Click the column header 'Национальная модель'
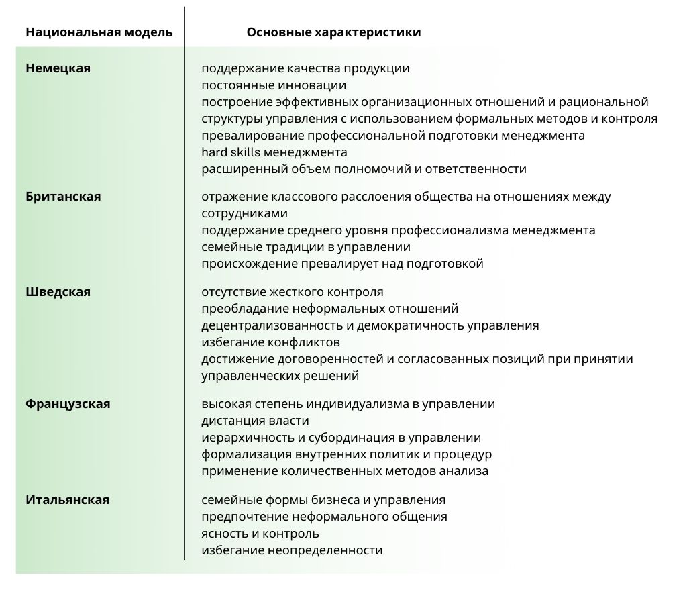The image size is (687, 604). (x=99, y=32)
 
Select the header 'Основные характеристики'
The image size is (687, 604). (x=333, y=32)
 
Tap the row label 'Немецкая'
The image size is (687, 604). (x=58, y=68)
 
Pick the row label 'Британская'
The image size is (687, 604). (x=63, y=197)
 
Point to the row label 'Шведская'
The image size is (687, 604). (x=58, y=292)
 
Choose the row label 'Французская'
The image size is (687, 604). (x=68, y=404)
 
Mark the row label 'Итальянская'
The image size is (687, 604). (x=67, y=500)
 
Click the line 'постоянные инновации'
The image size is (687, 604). (x=274, y=85)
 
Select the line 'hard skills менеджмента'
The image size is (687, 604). (x=274, y=152)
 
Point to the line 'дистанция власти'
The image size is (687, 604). (x=255, y=421)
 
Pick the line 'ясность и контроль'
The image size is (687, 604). (x=260, y=534)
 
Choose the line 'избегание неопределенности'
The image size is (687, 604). (x=292, y=550)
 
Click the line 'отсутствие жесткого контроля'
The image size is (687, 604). (x=293, y=292)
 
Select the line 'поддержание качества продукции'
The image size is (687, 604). (x=305, y=68)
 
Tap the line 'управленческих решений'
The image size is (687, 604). (x=280, y=376)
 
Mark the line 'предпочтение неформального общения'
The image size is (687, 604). (x=324, y=517)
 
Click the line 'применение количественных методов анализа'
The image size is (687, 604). (x=345, y=471)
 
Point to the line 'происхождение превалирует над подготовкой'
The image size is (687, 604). (x=342, y=264)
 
